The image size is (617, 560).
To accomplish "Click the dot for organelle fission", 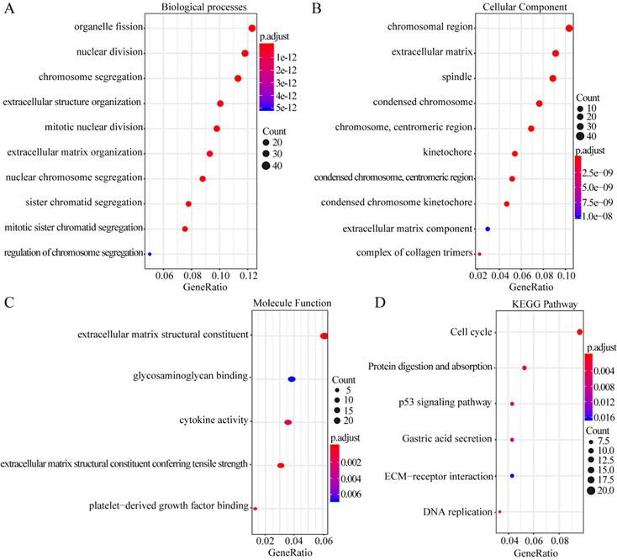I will (x=252, y=28).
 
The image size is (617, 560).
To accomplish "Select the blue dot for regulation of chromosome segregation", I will (x=150, y=253).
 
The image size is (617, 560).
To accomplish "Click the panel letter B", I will (x=317, y=8).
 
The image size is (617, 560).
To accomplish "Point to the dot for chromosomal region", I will (x=569, y=29).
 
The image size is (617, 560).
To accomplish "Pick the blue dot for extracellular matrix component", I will (x=488, y=229).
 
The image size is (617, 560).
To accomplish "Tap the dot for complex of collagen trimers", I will (x=479, y=253).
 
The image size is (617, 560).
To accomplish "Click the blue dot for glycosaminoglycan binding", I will (x=292, y=379).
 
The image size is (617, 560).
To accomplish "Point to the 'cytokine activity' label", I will (x=214, y=420).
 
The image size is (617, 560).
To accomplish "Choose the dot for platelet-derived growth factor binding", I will (x=255, y=508).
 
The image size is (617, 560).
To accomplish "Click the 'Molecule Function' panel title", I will (x=292, y=304).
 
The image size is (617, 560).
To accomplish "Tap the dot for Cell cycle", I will (x=580, y=332).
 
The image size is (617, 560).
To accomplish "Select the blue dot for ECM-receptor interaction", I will (x=512, y=476).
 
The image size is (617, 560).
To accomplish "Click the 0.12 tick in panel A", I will (x=247, y=275).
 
